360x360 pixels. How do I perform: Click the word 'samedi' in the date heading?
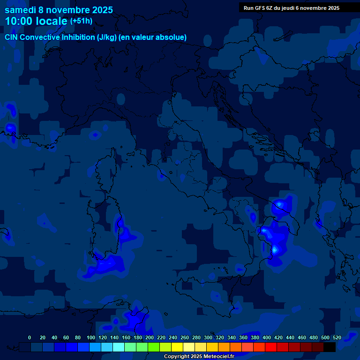coord(20,10)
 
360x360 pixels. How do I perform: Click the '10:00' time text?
coord(18,21)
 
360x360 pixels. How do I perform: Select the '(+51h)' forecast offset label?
coord(81,21)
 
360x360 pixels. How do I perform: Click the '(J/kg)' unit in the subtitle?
coord(108,37)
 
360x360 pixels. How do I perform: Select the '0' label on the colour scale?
coord(30,337)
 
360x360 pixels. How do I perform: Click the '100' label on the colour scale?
coord(91,337)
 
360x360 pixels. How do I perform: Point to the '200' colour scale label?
coord(150,337)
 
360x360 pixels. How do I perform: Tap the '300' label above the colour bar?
coord(208,337)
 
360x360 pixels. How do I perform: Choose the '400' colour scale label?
coord(267,337)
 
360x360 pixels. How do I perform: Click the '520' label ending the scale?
coord(337,337)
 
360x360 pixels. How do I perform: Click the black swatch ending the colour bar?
coord(330,347)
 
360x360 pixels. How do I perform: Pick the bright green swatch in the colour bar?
coord(154,347)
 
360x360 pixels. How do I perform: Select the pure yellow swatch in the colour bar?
coord(177,347)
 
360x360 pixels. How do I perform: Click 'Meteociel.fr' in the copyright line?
coord(219,357)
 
